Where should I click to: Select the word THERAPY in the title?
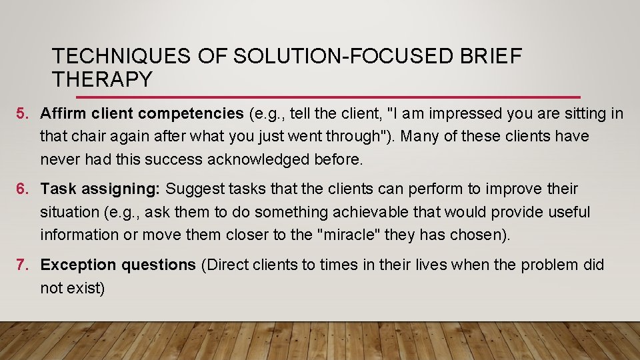click(102, 79)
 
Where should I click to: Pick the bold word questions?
click(159, 265)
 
